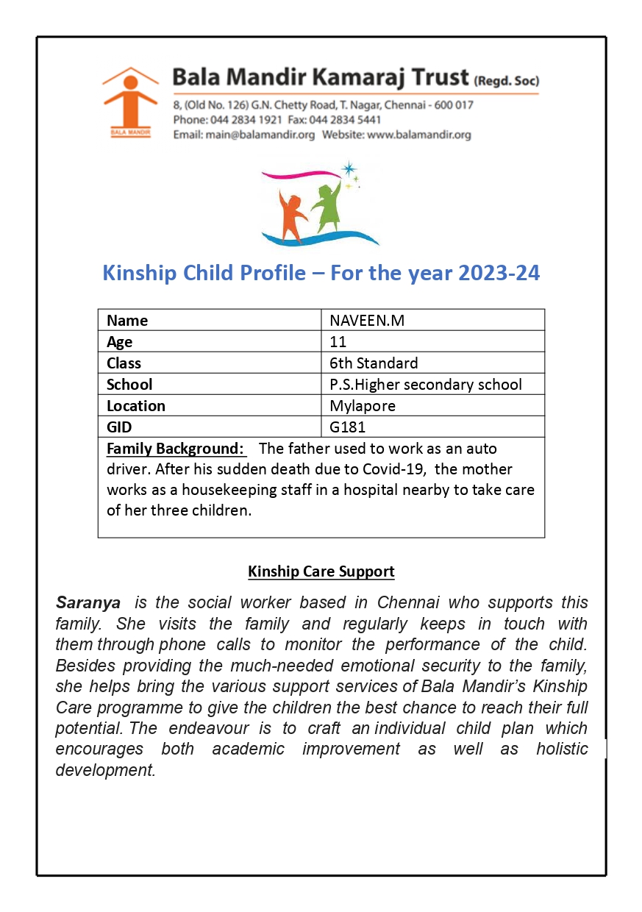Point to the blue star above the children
tap(349, 168)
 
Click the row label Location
tap(136, 405)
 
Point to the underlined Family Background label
tap(175, 449)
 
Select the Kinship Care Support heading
tap(321, 571)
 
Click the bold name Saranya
tap(88, 603)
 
